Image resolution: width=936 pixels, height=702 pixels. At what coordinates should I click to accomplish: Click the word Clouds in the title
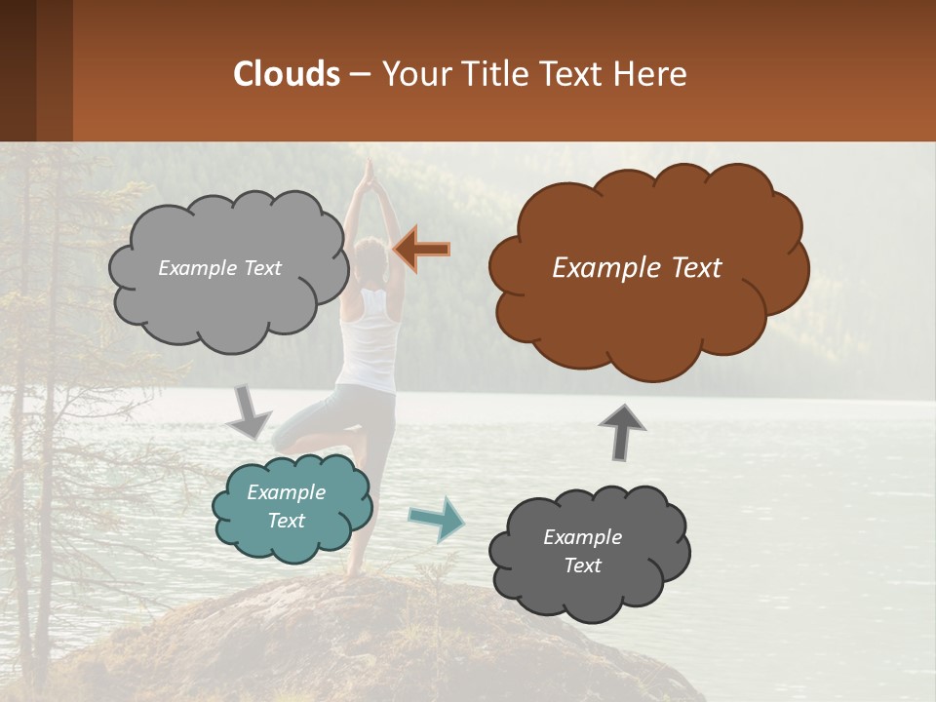(287, 74)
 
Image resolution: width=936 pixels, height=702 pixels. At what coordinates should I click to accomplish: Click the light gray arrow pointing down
(249, 411)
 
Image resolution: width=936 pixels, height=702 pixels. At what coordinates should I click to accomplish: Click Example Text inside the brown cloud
(637, 267)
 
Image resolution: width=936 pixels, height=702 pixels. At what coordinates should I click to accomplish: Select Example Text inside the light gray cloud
(219, 268)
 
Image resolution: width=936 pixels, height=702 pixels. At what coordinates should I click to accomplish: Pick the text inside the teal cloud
(286, 506)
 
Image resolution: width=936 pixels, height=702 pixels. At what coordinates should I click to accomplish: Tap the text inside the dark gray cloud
(582, 551)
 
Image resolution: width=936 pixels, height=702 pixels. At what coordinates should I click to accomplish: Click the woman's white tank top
(369, 341)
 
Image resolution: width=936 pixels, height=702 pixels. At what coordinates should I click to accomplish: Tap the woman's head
(370, 258)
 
